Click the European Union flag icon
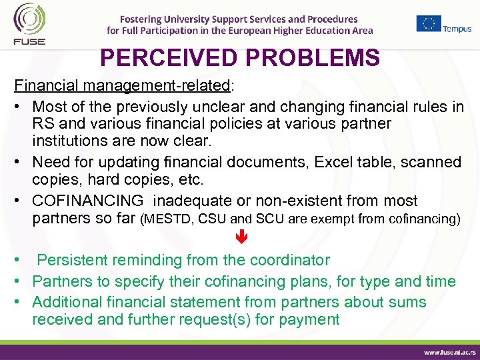(x=428, y=23)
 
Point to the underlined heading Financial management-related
(x=123, y=87)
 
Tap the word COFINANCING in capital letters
(x=88, y=201)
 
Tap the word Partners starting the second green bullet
(x=61, y=281)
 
